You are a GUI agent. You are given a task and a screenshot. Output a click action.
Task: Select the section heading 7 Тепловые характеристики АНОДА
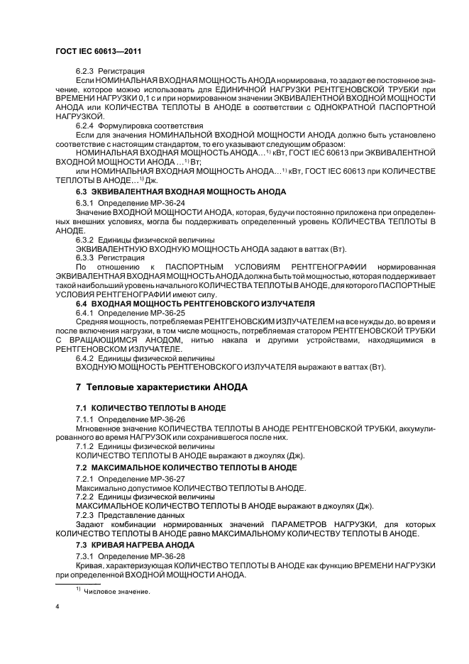click(162, 388)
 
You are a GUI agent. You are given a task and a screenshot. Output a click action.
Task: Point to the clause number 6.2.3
click(85, 72)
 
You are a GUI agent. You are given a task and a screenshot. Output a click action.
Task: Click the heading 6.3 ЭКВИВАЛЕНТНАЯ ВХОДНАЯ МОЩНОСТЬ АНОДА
click(181, 192)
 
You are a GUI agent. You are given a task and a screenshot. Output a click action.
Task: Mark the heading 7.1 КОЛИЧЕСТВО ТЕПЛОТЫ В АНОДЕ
click(151, 409)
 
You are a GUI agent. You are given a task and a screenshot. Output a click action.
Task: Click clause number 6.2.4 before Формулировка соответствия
click(85, 125)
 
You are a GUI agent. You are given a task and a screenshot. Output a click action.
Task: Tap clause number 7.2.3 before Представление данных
click(85, 515)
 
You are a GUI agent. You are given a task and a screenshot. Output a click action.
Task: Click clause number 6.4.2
click(85, 358)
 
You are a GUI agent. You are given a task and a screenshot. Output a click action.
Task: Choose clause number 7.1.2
click(85, 447)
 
